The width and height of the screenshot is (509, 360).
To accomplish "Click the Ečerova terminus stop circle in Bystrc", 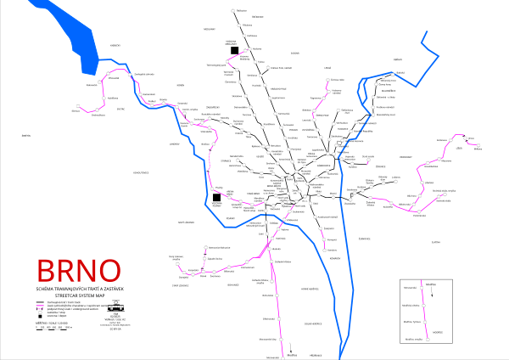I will pyautogui.click(x=74, y=110).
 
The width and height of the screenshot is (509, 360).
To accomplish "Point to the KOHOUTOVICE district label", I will pyautogui.click(x=136, y=173).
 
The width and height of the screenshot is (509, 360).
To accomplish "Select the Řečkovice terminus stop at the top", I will pyautogui.click(x=232, y=10).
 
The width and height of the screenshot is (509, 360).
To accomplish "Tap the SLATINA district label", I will pyautogui.click(x=436, y=242).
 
